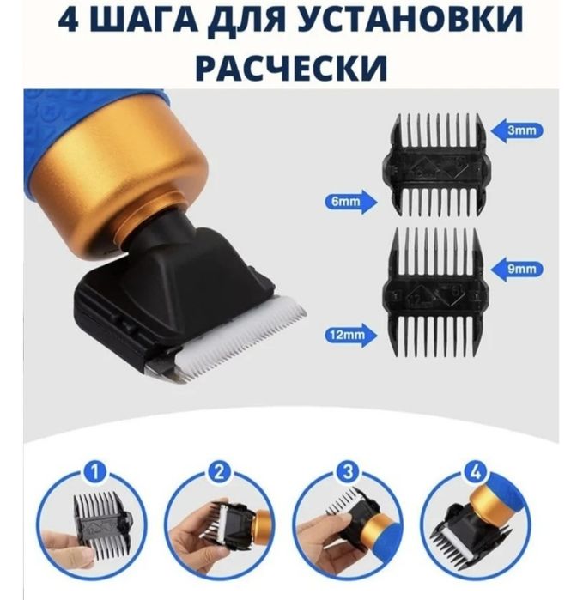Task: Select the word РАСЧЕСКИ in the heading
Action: click(x=291, y=65)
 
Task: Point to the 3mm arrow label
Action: click(x=519, y=131)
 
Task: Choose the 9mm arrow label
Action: click(x=519, y=268)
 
